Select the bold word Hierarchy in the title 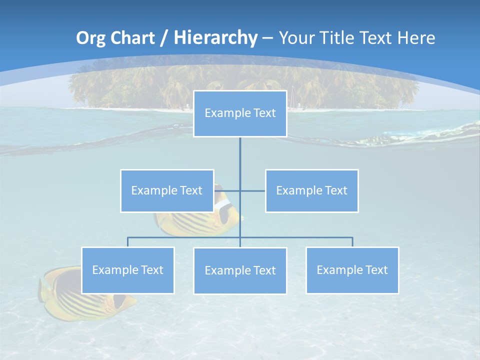[x=215, y=38]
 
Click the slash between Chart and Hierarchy [x=163, y=38]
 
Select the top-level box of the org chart [x=240, y=113]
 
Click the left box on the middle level [x=167, y=190]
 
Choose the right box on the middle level [x=312, y=190]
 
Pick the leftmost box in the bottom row [x=127, y=270]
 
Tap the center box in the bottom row [x=240, y=270]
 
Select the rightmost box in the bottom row [x=352, y=270]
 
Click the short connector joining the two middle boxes [x=252, y=190]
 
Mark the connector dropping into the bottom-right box [x=352, y=242]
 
